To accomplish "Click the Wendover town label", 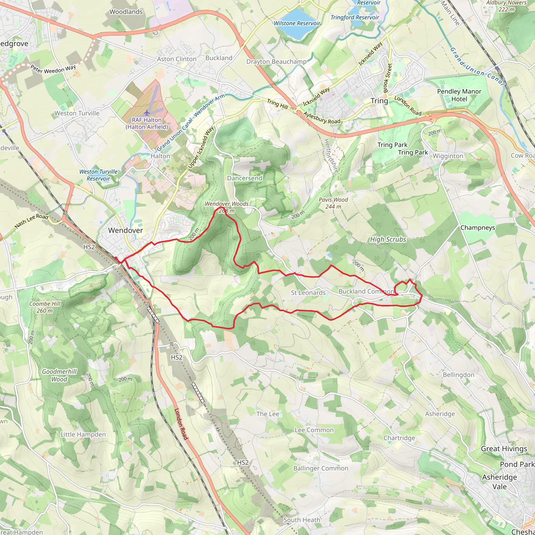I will tap(125, 230).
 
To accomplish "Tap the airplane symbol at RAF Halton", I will tap(147, 113).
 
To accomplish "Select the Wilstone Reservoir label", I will tap(297, 23).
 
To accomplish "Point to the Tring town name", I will tap(379, 101).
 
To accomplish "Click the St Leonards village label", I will tap(308, 293).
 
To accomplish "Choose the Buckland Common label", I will tap(366, 291).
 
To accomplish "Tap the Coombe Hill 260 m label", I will tap(45, 307).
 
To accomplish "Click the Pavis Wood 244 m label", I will tap(333, 203).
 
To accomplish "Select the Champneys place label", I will tap(478, 228).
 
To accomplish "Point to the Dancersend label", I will tap(245, 178).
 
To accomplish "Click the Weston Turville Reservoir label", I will tap(98, 175).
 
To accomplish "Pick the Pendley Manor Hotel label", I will tap(459, 95).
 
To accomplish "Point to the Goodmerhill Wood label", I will tap(59, 375).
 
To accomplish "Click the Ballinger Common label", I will tap(321, 468).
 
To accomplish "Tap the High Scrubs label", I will tap(388, 240).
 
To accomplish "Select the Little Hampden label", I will tap(83, 434).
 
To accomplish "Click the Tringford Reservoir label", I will tap(354, 18).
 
